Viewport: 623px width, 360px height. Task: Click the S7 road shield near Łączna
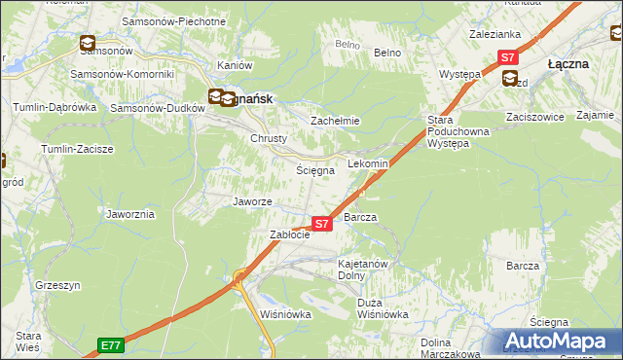click(x=508, y=58)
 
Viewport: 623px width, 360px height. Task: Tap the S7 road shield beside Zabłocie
click(x=323, y=224)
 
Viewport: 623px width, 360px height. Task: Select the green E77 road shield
click(x=110, y=344)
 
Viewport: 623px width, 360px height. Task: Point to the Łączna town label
click(x=568, y=63)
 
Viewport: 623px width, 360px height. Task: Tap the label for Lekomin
click(x=368, y=164)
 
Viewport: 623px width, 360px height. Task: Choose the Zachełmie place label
click(x=335, y=121)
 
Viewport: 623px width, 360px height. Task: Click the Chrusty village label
click(x=269, y=139)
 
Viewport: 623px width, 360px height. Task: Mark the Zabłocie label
click(x=289, y=234)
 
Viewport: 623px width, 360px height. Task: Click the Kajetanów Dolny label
click(x=363, y=270)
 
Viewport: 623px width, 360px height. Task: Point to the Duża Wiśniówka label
click(x=383, y=308)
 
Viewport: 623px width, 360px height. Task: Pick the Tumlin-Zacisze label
click(x=77, y=149)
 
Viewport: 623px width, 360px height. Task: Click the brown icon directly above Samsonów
click(x=87, y=43)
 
